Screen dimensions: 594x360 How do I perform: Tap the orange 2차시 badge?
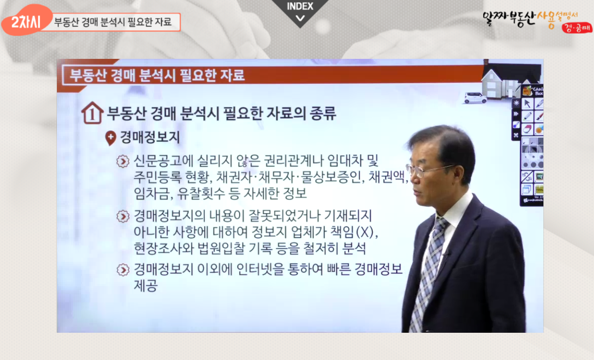26,21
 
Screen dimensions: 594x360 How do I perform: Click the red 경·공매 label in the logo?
576,28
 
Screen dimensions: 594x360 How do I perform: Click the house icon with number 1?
92,113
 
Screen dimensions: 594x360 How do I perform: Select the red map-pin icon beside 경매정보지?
110,138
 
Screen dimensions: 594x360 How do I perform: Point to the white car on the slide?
475,98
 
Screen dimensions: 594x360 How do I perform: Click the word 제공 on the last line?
145,286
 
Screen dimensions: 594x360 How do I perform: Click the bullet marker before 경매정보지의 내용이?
123,216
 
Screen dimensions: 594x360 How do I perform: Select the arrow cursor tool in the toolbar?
527,104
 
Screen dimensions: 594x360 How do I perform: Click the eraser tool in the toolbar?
527,129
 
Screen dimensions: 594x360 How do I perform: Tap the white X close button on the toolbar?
516,135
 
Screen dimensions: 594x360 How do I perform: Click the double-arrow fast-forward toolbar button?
516,114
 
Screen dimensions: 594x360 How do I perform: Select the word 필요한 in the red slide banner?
198,75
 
